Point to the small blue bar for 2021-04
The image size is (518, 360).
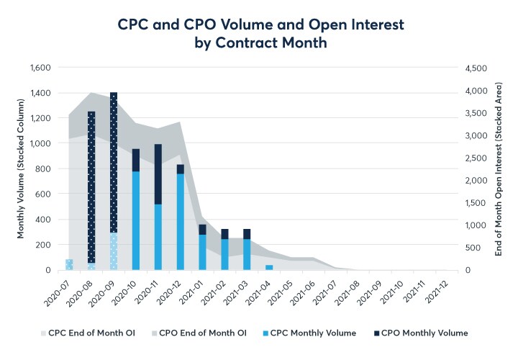click(269, 267)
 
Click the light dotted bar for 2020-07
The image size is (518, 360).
click(69, 264)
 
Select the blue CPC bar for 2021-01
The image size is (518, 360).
click(203, 252)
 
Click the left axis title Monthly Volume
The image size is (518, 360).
click(21, 168)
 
